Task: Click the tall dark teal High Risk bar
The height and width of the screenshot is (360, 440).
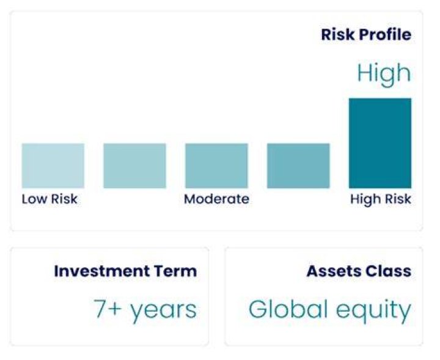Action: (380, 143)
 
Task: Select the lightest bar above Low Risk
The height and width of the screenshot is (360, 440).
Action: (53, 166)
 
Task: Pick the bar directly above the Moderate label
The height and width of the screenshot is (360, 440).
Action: (216, 166)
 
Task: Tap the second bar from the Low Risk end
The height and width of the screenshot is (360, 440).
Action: (134, 166)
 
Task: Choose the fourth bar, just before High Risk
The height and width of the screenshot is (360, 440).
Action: (298, 166)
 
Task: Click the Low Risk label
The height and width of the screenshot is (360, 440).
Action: (50, 199)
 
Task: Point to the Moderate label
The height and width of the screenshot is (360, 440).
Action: (216, 199)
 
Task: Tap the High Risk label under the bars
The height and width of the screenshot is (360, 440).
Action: (381, 199)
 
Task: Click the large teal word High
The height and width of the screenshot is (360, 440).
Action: (384, 73)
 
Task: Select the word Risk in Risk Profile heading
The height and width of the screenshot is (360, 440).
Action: (339, 34)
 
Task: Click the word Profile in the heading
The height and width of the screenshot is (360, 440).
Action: (385, 34)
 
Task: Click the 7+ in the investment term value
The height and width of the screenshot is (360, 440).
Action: (108, 309)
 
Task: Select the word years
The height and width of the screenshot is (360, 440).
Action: (164, 311)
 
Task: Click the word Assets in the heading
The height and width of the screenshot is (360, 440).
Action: (330, 271)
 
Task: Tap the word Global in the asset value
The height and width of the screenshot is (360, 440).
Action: (288, 309)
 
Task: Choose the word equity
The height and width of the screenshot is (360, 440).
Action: (373, 311)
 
